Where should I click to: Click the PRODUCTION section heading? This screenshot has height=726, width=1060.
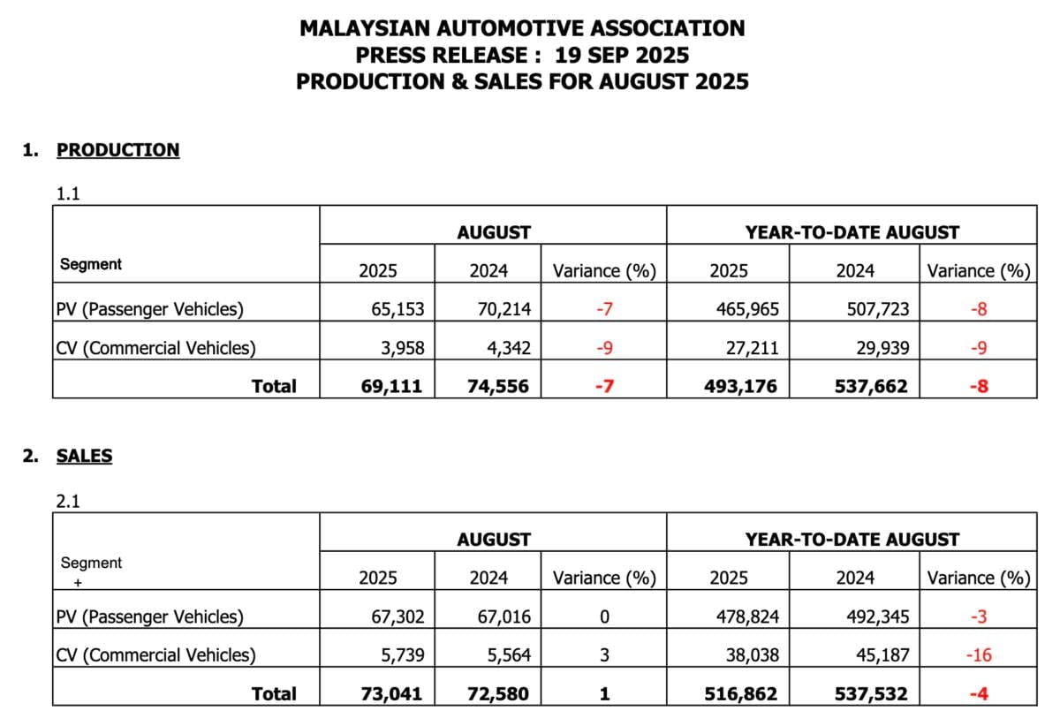117,150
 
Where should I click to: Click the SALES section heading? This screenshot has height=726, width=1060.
84,457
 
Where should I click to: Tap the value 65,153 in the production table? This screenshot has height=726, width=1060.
397,309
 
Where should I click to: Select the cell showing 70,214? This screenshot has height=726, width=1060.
503,309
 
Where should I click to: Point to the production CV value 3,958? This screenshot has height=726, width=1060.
402,348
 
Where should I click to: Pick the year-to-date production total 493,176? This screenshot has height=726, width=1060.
740,386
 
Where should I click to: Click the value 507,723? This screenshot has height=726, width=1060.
875,309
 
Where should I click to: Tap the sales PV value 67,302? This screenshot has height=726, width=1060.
397,616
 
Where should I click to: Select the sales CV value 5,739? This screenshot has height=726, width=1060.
402,655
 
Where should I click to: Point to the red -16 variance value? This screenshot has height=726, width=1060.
978,655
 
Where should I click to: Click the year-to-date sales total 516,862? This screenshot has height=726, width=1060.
740,693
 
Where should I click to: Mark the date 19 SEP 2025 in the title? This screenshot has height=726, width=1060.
622,55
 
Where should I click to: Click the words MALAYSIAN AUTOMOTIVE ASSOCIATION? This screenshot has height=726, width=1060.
522,28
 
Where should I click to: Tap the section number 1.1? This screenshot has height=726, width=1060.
68,194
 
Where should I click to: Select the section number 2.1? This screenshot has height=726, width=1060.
68,502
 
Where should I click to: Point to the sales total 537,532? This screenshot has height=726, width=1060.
871,693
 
